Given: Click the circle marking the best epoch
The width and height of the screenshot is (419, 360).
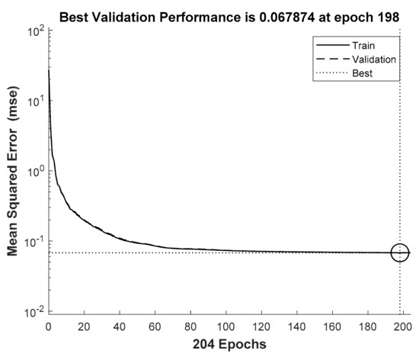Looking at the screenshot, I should [400, 252].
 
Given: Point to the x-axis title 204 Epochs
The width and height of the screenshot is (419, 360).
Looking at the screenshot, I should [229, 344].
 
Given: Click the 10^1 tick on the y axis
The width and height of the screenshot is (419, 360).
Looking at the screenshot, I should [34, 101].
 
